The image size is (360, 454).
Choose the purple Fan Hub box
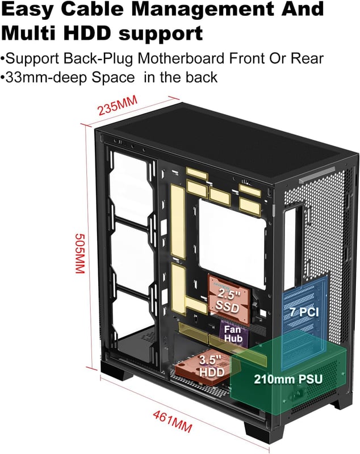click(233, 333)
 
